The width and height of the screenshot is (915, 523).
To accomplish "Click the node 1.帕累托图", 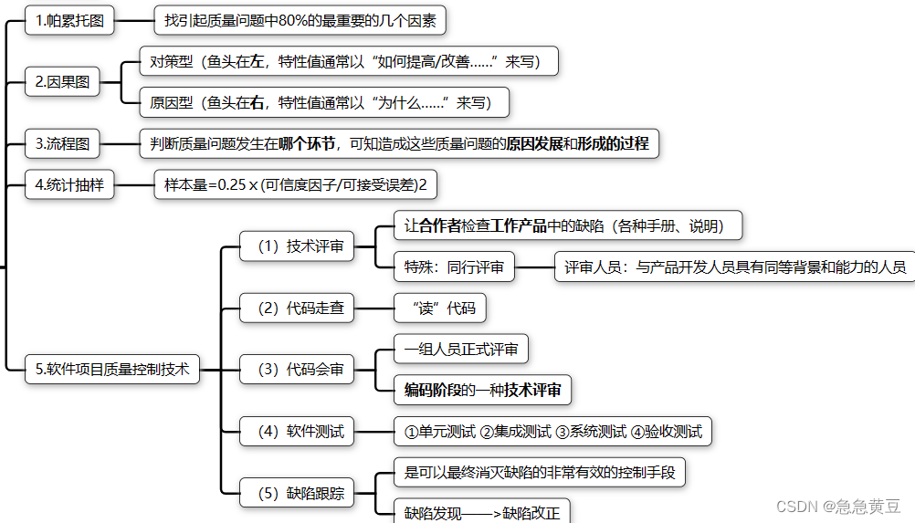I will pos(69,19).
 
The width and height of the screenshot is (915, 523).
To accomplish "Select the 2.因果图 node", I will pos(62,81).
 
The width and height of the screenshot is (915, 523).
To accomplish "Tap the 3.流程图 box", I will pos(62,143).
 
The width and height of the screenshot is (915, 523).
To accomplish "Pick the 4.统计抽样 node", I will pos(69,185).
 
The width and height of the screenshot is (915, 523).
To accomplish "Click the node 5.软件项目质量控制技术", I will pos(111,369).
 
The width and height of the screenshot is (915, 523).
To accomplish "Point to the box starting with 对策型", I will pos(347,62).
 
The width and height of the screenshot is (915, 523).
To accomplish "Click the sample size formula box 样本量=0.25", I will pos(295,185).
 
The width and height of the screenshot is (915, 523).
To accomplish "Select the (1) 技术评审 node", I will pos(297,246).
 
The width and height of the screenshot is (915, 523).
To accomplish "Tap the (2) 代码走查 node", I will pos(297,308).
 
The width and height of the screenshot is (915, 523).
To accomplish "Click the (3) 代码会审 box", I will pos(297,369).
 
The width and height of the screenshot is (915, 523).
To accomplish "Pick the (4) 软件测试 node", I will pos(297,431).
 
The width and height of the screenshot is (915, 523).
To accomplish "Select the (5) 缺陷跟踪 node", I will pos(297,493).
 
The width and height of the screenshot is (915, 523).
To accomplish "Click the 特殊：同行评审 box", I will pos(454,267).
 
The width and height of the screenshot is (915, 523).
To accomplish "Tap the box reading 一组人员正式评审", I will pos(460,349).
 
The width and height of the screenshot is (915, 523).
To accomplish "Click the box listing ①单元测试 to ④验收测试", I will pos(552,431).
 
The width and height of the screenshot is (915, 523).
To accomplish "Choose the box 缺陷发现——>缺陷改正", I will pos(481,511).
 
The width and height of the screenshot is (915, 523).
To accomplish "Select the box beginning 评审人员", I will pos(734,267).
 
